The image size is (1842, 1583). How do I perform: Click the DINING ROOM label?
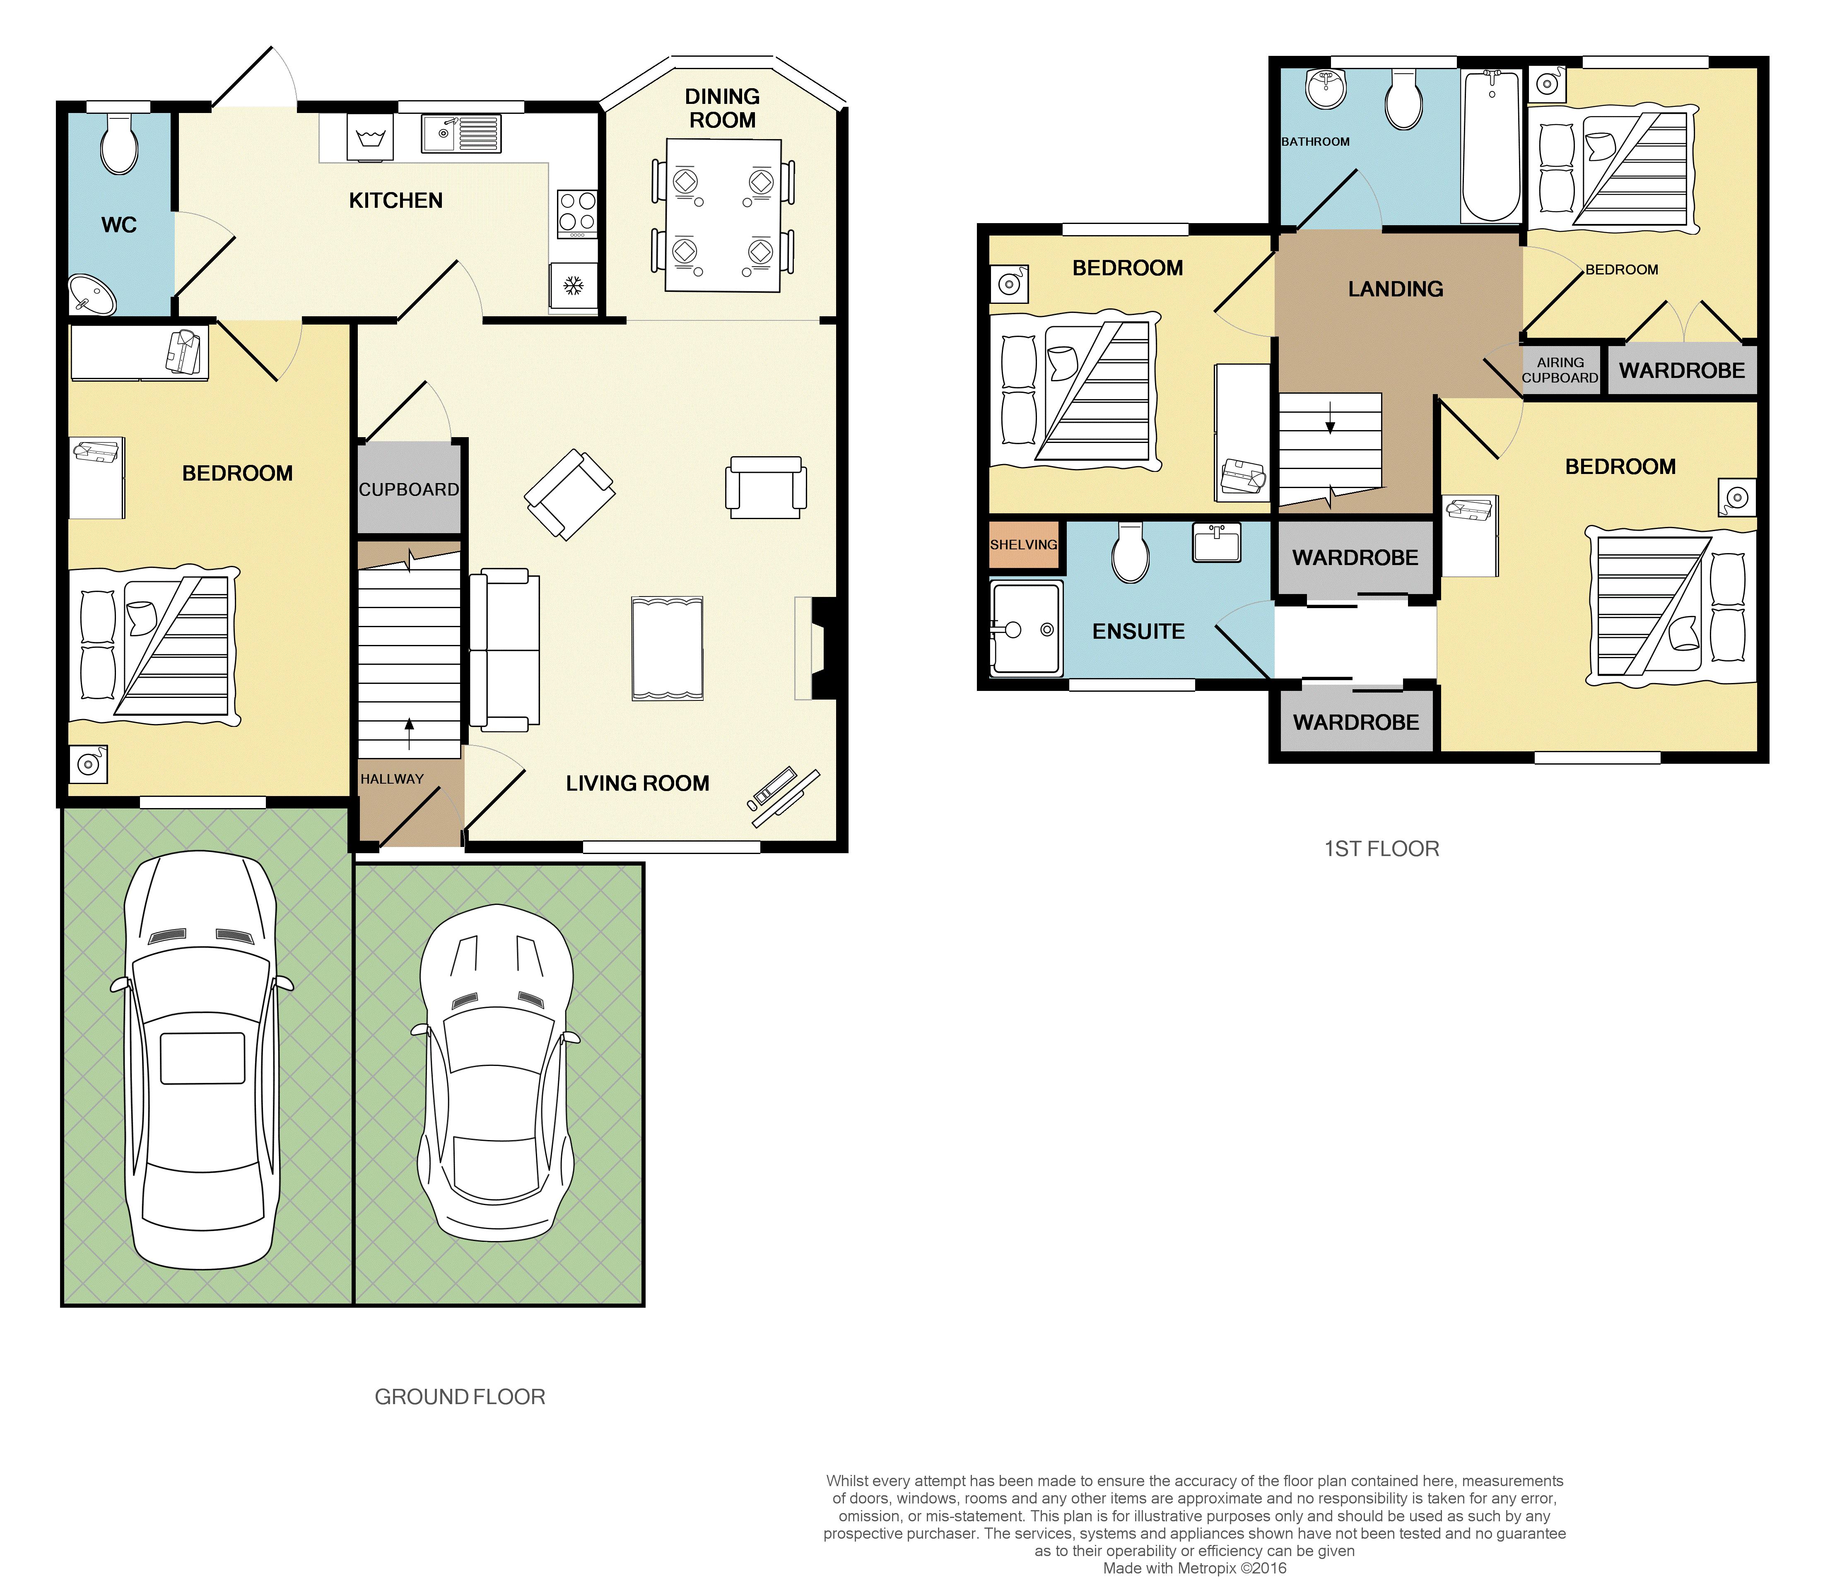pyautogui.click(x=722, y=108)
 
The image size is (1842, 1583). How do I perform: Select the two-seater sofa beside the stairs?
pyautogui.click(x=505, y=650)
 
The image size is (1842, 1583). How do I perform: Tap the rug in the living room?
pyautogui.click(x=667, y=648)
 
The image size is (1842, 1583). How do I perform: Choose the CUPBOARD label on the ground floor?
pyautogui.click(x=409, y=490)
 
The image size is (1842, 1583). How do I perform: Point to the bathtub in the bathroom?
pyautogui.click(x=1491, y=147)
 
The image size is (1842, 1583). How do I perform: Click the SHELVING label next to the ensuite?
pyautogui.click(x=1023, y=545)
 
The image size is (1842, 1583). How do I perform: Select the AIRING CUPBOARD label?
pyautogui.click(x=1560, y=370)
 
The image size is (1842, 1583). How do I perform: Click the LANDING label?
pyautogui.click(x=1395, y=289)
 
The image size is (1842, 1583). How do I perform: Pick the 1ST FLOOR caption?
pyautogui.click(x=1381, y=849)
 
